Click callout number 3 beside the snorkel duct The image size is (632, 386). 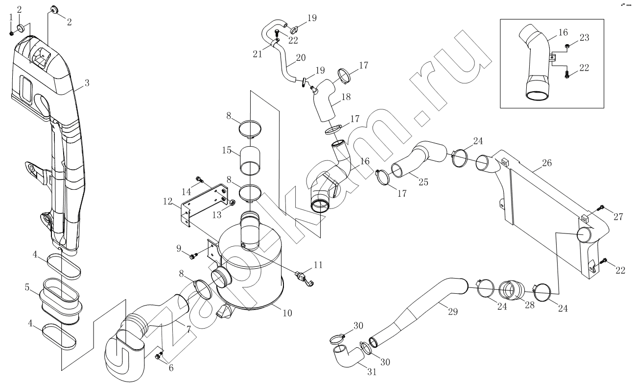[87, 83]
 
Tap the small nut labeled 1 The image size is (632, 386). [11, 34]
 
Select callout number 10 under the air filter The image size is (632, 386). [287, 313]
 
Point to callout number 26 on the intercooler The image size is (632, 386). [547, 163]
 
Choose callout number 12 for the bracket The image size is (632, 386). [167, 202]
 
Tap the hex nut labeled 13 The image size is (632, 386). [233, 203]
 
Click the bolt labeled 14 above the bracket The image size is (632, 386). [199, 179]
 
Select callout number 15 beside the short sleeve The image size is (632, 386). [227, 150]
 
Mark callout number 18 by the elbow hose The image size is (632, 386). [346, 97]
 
